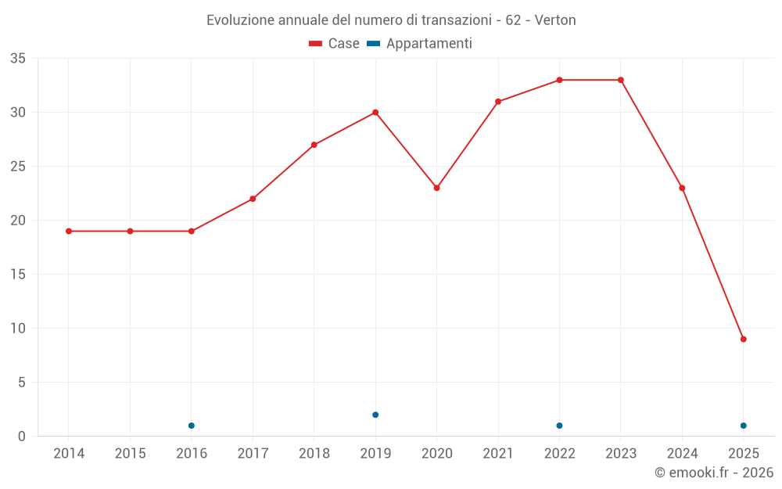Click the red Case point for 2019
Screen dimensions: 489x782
click(x=375, y=113)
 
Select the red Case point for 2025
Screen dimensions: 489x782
click(x=744, y=340)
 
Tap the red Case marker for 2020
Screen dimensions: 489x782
click(x=436, y=188)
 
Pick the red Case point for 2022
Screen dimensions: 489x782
click(x=559, y=80)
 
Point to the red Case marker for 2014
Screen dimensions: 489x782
click(x=69, y=232)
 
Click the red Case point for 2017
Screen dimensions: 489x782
click(x=253, y=199)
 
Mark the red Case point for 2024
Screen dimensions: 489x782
click(x=682, y=188)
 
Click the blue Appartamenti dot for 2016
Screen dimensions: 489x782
click(x=192, y=426)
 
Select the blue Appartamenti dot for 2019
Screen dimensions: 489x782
click(x=375, y=415)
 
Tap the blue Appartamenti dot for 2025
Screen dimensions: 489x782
click(x=744, y=426)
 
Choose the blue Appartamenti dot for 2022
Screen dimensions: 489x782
click(x=559, y=426)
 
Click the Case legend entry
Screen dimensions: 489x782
click(x=335, y=44)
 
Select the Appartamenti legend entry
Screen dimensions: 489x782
click(x=420, y=44)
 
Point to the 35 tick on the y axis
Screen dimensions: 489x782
click(x=18, y=59)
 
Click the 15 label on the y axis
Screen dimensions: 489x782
click(x=18, y=275)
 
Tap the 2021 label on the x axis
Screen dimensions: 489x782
click(x=498, y=454)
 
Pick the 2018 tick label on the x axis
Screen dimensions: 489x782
click(x=314, y=454)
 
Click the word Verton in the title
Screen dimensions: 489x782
click(x=555, y=20)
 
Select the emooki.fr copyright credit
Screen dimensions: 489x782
click(x=714, y=473)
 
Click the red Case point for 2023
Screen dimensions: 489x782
click(x=621, y=80)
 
